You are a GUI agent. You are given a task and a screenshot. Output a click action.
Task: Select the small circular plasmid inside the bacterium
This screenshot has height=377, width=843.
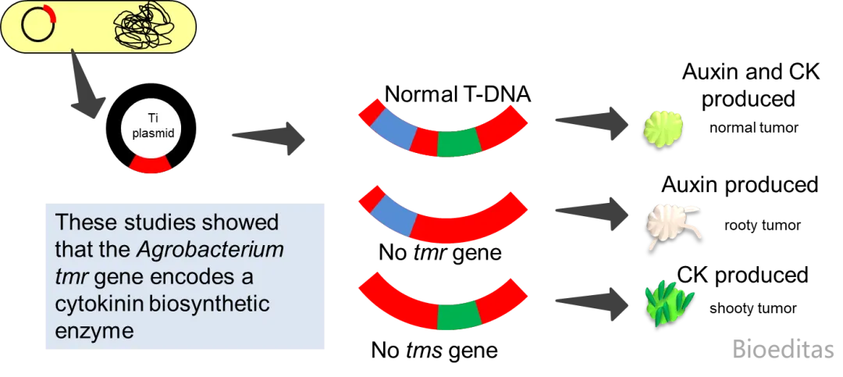coord(38,26)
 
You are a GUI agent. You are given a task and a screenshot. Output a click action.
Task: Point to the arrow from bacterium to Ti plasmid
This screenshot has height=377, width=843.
coord(85,87)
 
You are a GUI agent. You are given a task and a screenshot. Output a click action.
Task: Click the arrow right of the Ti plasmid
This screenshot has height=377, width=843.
coord(270,136)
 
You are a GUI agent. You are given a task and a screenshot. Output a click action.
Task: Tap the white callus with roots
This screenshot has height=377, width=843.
coord(670,225)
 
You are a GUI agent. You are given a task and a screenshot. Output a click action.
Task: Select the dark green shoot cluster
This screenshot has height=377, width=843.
coord(668,305)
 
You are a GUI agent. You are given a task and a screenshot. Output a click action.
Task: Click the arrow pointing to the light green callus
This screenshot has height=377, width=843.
coord(590,122)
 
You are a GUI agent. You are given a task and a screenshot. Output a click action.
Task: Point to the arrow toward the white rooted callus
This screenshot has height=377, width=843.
coord(590,212)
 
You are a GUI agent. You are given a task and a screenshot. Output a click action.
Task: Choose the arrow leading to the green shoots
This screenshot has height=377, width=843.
coord(590,301)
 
